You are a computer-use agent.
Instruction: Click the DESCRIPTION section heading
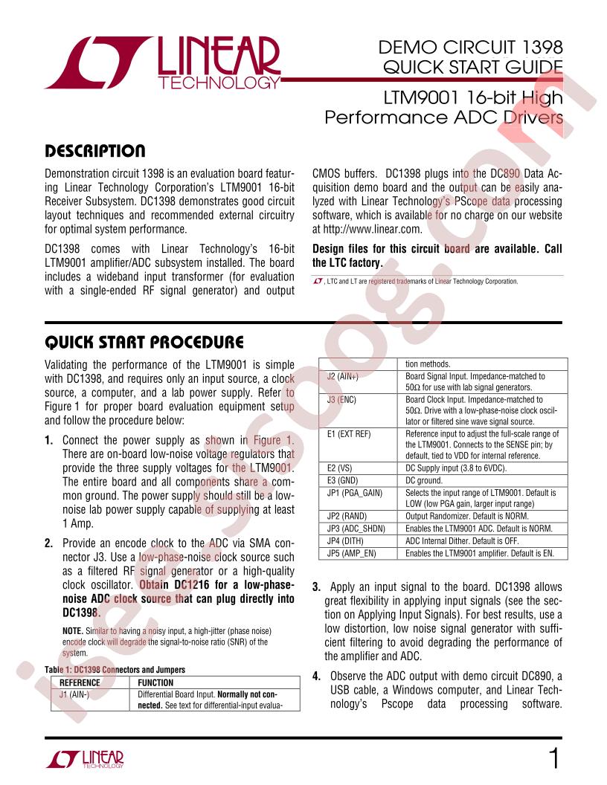(94, 152)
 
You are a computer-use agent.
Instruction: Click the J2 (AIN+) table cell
(343, 377)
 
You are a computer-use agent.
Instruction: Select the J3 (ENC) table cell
(342, 399)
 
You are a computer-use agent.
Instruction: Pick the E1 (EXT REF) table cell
(349, 433)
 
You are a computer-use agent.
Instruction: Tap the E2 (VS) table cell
(340, 469)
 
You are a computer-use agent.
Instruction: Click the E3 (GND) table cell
(342, 481)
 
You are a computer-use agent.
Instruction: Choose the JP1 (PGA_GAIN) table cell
(354, 492)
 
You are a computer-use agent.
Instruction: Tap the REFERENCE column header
(80, 682)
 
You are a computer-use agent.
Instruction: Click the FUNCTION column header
(155, 682)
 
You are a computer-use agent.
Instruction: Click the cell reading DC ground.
(429, 481)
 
